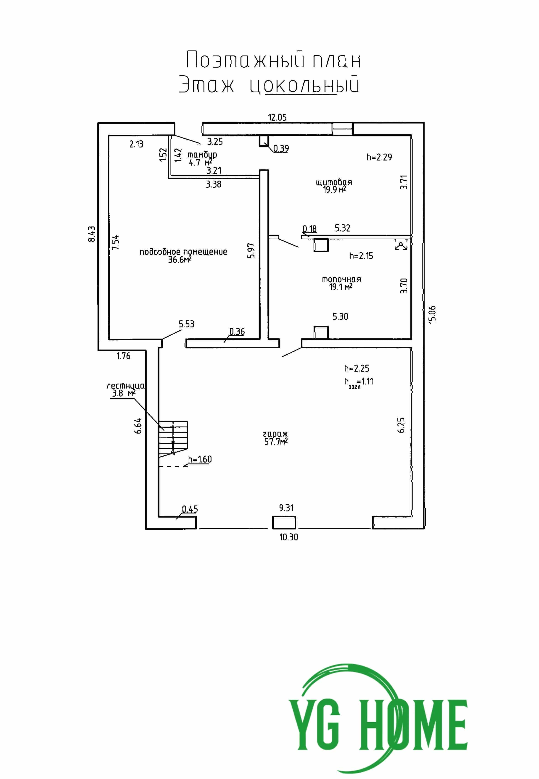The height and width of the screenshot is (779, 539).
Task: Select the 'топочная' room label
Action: click(341, 279)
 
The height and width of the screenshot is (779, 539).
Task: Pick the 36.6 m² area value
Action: click(180, 260)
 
